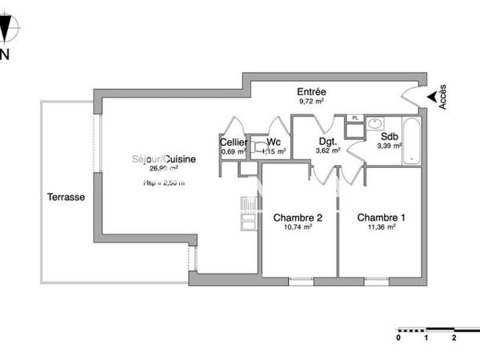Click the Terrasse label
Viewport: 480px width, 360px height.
tap(66, 197)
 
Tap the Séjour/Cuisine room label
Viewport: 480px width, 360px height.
tap(164, 159)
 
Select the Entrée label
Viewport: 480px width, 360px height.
tap(310, 92)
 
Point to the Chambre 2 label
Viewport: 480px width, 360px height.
tap(298, 218)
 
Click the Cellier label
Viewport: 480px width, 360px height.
tap(233, 142)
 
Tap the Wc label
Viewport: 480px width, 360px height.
tap(274, 142)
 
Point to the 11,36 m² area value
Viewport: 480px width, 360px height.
tap(381, 227)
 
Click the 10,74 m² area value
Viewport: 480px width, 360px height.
tap(298, 227)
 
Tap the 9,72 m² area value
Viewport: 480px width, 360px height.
tap(310, 102)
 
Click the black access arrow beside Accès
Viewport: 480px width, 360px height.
tap(432, 97)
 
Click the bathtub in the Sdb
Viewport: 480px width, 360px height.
tap(410, 140)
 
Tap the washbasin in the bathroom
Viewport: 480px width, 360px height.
tap(374, 124)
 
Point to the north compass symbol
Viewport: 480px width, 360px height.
tap(7, 30)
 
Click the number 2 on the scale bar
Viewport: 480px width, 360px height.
tap(454, 338)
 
